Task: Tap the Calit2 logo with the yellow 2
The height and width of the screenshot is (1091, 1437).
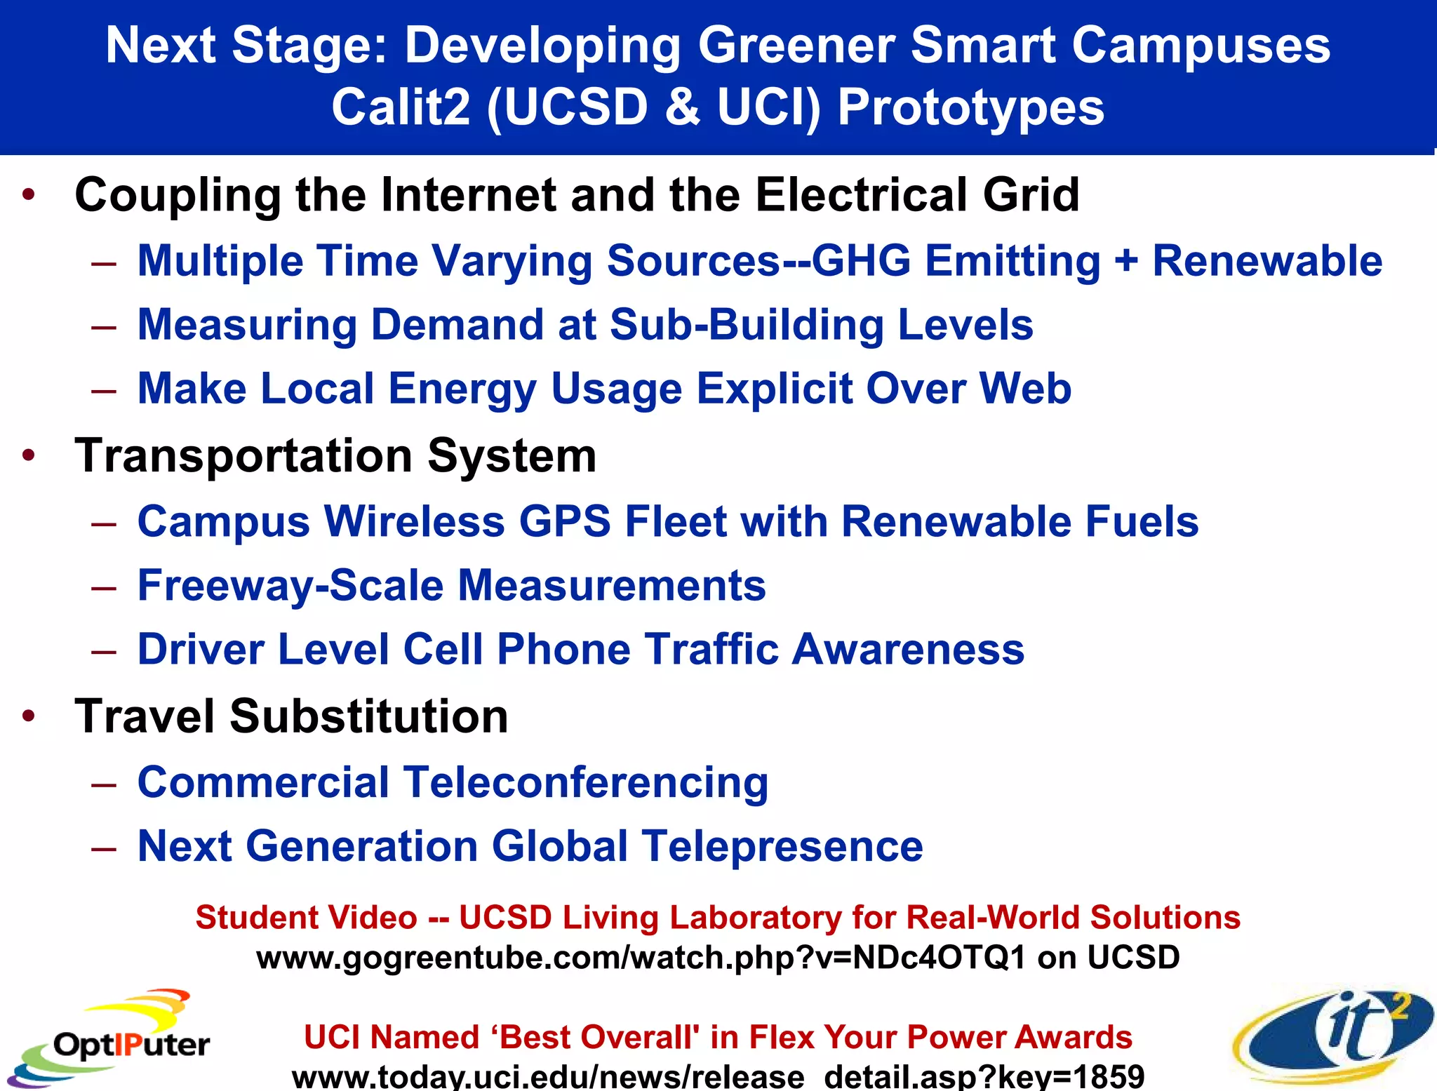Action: (1333, 1035)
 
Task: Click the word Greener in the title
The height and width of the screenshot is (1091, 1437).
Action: (796, 45)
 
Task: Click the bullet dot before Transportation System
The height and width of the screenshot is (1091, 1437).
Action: (29, 456)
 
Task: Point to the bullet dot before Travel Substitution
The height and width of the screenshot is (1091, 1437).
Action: (29, 716)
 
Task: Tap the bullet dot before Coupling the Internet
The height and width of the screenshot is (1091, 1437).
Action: (29, 194)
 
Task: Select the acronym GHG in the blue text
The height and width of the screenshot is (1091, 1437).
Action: (860, 261)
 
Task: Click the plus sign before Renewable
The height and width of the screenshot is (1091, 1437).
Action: (1126, 261)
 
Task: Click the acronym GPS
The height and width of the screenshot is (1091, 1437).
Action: (565, 522)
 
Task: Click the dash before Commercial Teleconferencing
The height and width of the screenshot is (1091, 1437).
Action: (104, 784)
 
